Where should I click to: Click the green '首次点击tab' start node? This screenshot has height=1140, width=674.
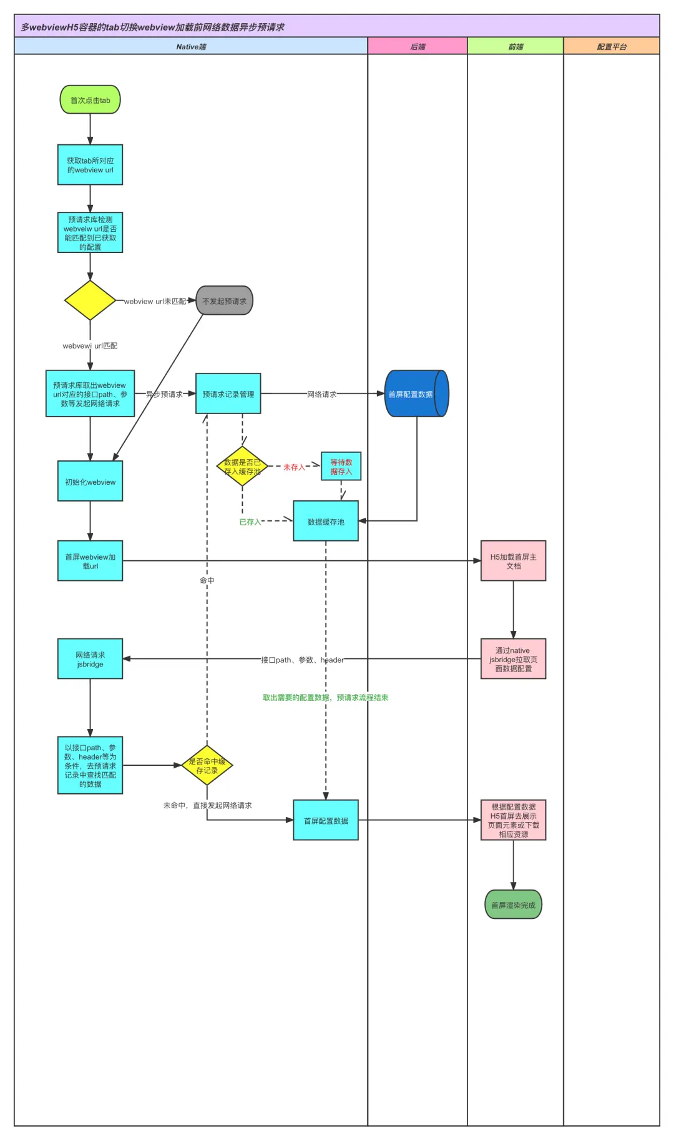coord(90,100)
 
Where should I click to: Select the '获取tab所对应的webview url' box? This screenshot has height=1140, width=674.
coord(90,165)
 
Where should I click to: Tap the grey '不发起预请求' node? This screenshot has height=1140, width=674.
coord(224,300)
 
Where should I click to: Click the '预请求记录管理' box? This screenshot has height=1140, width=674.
coord(228,394)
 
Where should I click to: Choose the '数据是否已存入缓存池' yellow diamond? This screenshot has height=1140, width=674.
coord(242,467)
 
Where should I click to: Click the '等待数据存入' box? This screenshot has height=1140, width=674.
coord(341,467)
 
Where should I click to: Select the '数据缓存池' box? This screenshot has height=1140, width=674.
coord(326,521)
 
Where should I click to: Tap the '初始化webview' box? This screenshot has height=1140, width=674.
coord(90,481)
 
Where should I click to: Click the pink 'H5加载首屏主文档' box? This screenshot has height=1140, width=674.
coord(513,561)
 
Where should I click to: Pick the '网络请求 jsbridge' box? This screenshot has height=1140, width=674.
coord(90,659)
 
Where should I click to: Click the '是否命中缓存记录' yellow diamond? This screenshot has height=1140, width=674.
coord(207,765)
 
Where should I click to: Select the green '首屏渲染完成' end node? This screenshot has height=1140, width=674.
coord(513,905)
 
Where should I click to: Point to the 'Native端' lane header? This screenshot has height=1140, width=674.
coord(191,46)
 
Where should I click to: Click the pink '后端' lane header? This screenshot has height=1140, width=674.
coord(418,46)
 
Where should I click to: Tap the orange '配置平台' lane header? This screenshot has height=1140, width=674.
coord(612,46)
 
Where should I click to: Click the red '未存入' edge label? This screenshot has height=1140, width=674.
coord(294,467)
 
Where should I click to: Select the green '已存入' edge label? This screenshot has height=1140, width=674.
coord(250,522)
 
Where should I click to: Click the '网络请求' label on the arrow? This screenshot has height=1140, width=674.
coord(321,394)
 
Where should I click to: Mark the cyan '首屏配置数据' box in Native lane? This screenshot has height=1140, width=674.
coord(326,820)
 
